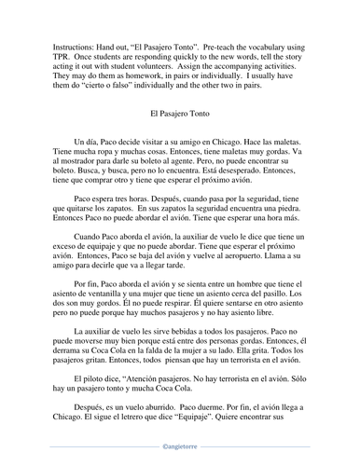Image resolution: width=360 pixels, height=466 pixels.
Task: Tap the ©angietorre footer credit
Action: (x=180, y=457)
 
